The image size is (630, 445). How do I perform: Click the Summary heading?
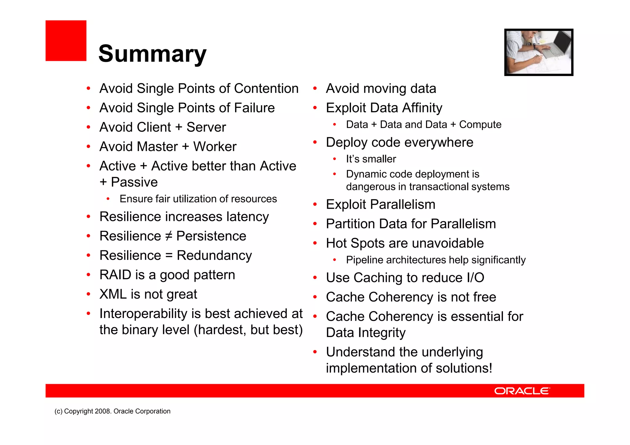click(152, 54)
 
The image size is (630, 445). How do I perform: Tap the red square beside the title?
click(66, 41)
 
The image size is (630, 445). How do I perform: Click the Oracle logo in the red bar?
click(522, 391)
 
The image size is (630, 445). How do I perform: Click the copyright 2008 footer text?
click(112, 411)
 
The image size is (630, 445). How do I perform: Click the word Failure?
click(254, 108)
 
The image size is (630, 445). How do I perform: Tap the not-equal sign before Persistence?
click(169, 236)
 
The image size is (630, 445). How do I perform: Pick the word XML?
click(113, 294)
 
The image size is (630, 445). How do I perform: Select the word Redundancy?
click(214, 256)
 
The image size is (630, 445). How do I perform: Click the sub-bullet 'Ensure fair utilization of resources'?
click(198, 199)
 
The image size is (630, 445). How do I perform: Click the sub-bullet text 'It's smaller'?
click(371, 159)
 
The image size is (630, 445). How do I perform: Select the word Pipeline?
click(365, 260)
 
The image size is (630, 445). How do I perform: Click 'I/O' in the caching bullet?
click(475, 278)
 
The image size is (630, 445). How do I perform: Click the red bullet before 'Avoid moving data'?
click(315, 89)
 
